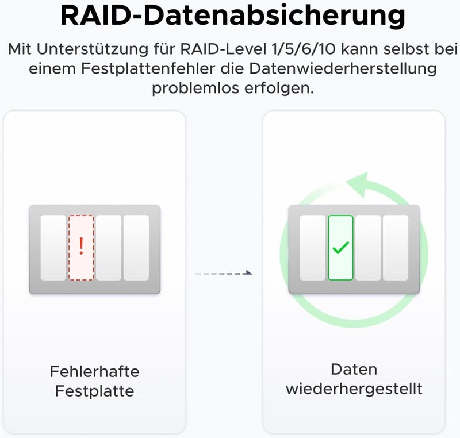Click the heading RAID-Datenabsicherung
[233, 16]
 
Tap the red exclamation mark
[81, 246]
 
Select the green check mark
[340, 248]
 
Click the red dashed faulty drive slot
[81, 248]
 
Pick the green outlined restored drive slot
[340, 248]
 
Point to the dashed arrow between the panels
[224, 273]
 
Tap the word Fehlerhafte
[94, 372]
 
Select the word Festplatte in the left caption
[94, 391]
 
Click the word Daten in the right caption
[354, 370]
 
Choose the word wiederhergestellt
[354, 389]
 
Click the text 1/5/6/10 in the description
[304, 49]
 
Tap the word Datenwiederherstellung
[343, 68]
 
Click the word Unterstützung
[93, 49]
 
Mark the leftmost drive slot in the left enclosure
[53, 248]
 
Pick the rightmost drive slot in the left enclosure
[136, 248]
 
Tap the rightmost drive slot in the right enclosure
[396, 248]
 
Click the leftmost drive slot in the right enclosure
[313, 248]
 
